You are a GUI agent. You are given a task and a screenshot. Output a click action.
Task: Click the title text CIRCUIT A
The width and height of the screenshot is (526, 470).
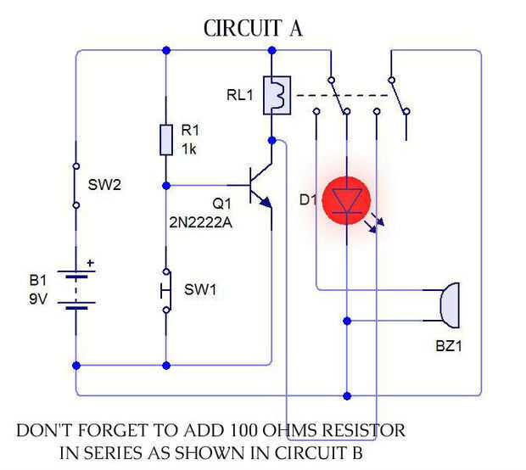253,29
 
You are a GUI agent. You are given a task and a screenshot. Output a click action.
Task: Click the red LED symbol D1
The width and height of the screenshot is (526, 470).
347,201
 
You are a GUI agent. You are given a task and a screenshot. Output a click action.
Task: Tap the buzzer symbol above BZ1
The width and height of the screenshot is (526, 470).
450,306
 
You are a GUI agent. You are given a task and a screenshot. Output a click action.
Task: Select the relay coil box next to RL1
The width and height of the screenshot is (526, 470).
277,94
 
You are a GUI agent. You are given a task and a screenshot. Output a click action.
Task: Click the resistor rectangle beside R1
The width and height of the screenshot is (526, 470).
166,140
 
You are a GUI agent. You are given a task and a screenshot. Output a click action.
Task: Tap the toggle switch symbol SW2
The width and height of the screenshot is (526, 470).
76,185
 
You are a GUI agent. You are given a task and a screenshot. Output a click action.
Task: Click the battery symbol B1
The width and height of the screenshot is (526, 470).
76,288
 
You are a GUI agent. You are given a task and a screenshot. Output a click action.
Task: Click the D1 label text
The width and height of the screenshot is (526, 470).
306,201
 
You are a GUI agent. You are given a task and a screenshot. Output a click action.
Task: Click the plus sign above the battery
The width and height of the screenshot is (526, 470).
91,262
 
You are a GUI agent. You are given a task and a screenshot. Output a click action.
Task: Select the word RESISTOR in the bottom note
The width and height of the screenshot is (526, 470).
354,430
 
